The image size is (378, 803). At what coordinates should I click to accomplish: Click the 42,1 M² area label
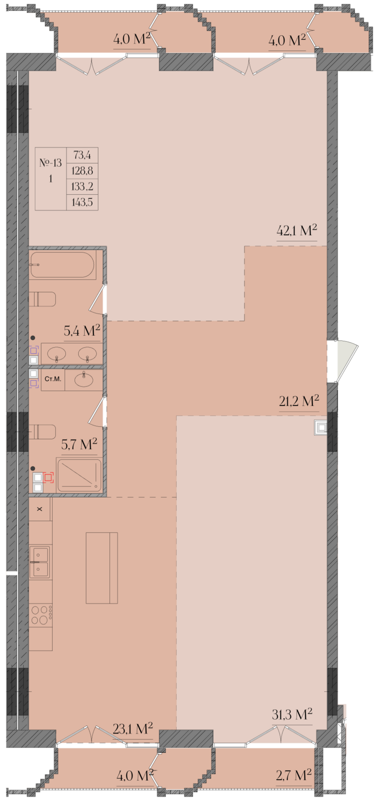297,231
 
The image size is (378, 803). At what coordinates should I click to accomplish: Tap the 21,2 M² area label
299,401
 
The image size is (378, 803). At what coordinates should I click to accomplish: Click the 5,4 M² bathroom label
82,331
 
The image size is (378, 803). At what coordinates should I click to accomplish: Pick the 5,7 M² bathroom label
79,444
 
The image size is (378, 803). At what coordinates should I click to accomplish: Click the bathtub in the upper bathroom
63,265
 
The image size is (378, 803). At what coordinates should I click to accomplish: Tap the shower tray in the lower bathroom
79,475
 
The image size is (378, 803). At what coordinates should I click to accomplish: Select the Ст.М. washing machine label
53,379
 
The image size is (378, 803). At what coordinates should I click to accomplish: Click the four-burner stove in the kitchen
41,614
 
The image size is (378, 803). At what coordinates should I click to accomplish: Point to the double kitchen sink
39,563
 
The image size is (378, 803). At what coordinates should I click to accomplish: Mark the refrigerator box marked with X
40,509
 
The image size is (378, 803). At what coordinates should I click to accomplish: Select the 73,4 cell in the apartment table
82,155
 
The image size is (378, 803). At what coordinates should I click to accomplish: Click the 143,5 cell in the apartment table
82,202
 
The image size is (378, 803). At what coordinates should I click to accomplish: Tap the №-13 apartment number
51,163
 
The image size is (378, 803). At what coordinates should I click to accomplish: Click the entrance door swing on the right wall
343,361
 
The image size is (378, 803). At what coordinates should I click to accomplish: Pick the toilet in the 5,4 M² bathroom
42,299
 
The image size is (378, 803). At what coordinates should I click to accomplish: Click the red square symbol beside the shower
48,478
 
